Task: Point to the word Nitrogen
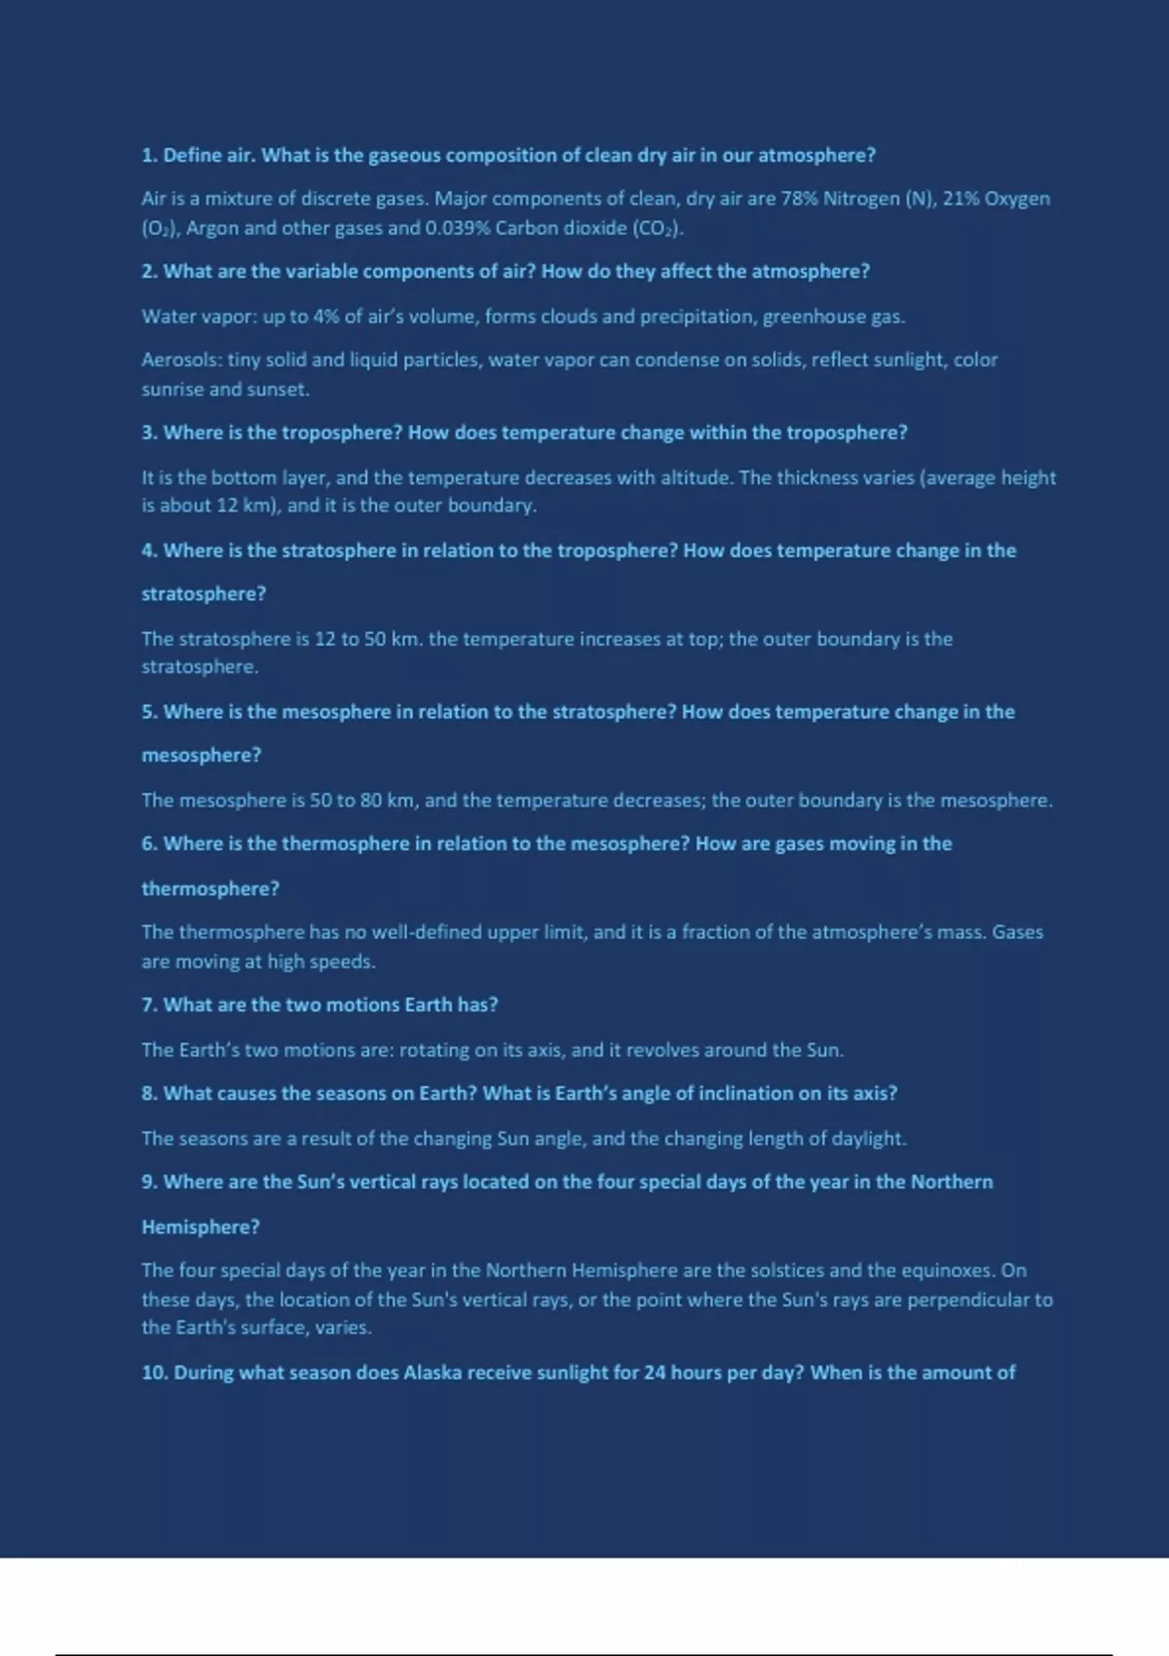pos(861,199)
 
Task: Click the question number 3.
pos(149,433)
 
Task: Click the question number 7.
pos(149,1005)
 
